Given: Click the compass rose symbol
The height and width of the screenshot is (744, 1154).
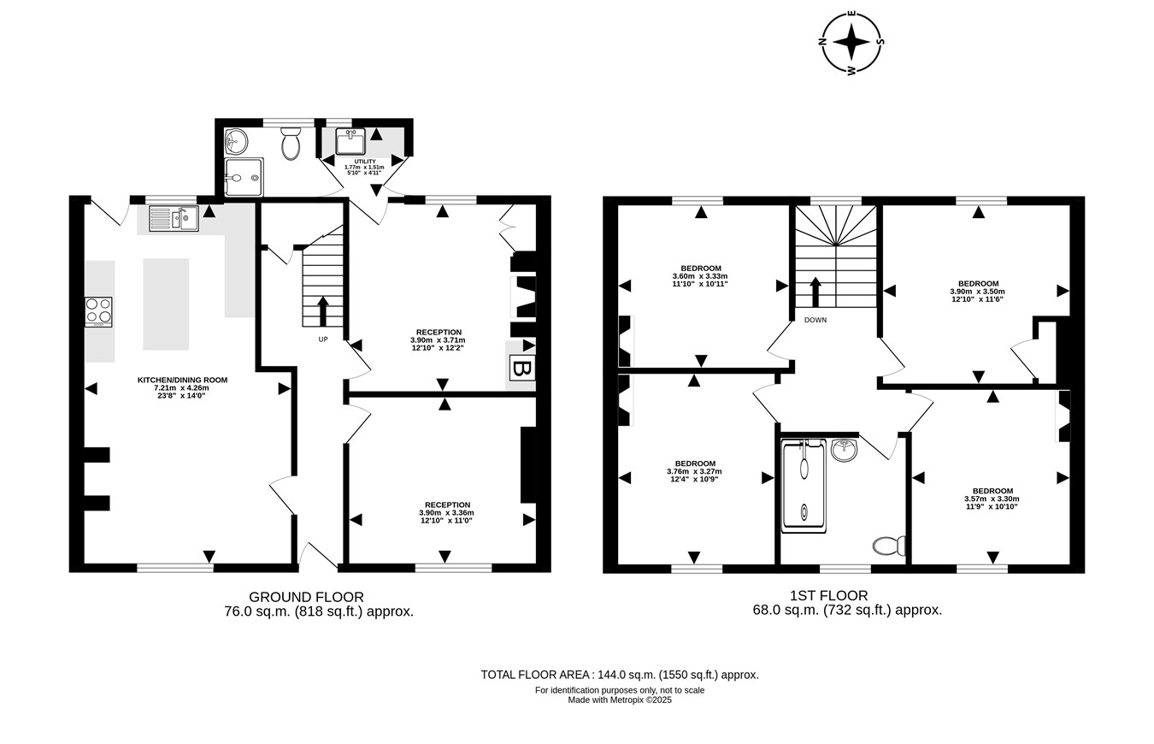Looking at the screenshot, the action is [851, 42].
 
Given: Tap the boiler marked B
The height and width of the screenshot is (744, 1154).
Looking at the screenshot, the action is [522, 369].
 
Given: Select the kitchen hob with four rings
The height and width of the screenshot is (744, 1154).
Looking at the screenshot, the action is [99, 312].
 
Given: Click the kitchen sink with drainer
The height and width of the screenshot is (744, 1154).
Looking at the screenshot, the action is [174, 218].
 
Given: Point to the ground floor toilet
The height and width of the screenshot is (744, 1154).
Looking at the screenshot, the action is [291, 143].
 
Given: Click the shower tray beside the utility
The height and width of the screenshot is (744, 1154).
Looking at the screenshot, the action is [244, 177].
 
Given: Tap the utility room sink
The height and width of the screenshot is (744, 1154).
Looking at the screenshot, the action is [350, 142].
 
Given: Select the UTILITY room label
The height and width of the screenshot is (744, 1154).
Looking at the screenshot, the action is [365, 162].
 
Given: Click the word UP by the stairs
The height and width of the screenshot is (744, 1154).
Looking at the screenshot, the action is [323, 340].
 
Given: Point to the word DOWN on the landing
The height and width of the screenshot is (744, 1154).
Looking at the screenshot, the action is [815, 320].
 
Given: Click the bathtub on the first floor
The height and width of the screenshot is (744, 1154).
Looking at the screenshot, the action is [804, 486].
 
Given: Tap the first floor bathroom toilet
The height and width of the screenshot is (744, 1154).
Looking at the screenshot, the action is [889, 546].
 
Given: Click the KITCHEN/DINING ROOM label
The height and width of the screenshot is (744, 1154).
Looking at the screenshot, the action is [182, 381].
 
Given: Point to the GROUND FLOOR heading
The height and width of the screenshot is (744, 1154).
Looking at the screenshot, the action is [307, 597].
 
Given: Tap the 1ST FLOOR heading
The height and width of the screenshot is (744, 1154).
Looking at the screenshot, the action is [829, 595].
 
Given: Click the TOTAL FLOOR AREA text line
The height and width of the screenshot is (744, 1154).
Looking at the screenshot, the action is [620, 675].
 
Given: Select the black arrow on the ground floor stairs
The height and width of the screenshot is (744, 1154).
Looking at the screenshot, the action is [323, 311].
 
